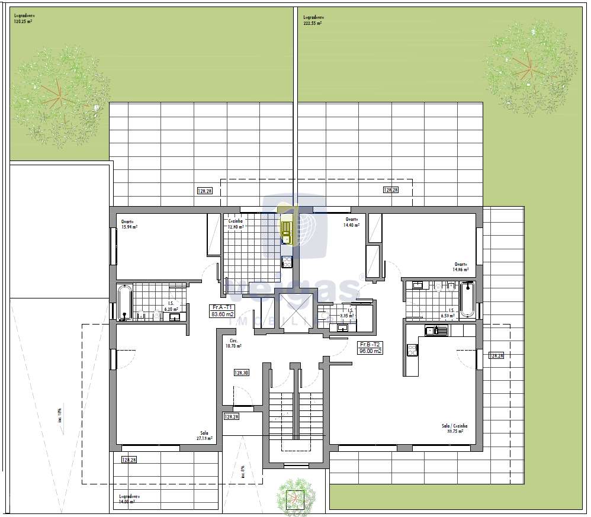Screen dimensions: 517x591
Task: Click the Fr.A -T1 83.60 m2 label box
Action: [223, 311]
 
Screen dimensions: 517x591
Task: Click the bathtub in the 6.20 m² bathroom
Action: [124, 302]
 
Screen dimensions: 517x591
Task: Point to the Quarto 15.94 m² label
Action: [129, 224]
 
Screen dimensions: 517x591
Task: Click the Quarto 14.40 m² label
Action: [353, 222]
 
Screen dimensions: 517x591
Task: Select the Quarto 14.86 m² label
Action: [461, 267]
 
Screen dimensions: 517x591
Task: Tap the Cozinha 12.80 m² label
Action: [236, 224]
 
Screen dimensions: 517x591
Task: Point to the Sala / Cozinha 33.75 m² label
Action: [454, 428]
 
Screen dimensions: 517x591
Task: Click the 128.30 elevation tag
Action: [241, 373]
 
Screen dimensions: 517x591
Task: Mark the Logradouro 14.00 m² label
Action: [127, 499]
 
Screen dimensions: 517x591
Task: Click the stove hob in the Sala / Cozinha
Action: [412, 350]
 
